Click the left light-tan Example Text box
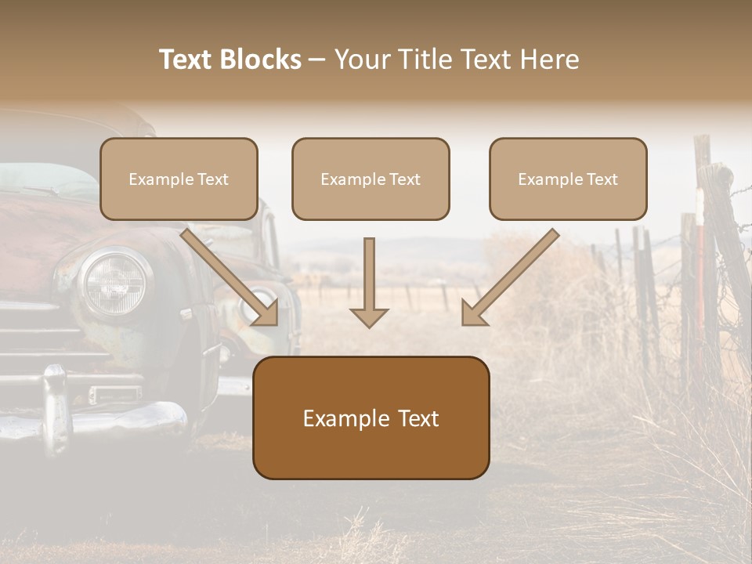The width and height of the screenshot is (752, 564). (x=179, y=179)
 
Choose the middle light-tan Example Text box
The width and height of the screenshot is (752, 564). (x=371, y=179)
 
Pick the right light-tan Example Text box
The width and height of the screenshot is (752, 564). (x=568, y=179)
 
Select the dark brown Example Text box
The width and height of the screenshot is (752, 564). (x=371, y=418)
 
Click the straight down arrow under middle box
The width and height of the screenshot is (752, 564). (x=369, y=282)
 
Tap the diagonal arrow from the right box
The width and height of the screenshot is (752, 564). (x=510, y=277)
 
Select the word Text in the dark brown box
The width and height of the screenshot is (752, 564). (x=418, y=418)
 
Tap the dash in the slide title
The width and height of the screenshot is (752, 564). (x=317, y=60)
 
